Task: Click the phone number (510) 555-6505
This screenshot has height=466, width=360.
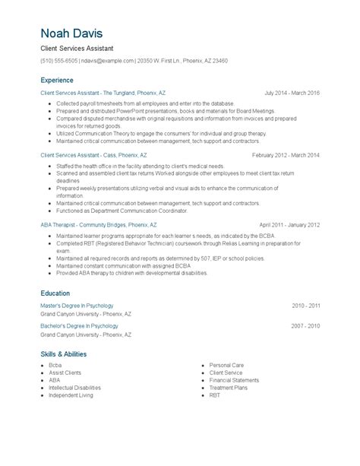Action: pyautogui.click(x=58, y=61)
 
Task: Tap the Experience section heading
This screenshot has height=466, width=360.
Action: pyautogui.click(x=57, y=80)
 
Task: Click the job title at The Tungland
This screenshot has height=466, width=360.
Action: pyautogui.click(x=103, y=93)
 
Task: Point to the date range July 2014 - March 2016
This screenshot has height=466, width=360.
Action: pyautogui.click(x=292, y=93)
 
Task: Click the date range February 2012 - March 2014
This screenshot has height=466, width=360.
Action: pyautogui.click(x=286, y=154)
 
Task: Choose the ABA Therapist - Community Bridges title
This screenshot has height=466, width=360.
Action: pyautogui.click(x=99, y=225)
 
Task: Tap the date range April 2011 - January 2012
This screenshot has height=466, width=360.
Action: pyautogui.click(x=289, y=225)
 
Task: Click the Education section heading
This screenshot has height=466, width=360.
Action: pyautogui.click(x=55, y=293)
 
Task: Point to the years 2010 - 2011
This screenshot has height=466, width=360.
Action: pyautogui.click(x=306, y=306)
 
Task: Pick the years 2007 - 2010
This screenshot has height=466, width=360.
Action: pyautogui.click(x=306, y=326)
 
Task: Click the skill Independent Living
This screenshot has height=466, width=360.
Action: pyautogui.click(x=71, y=395)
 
